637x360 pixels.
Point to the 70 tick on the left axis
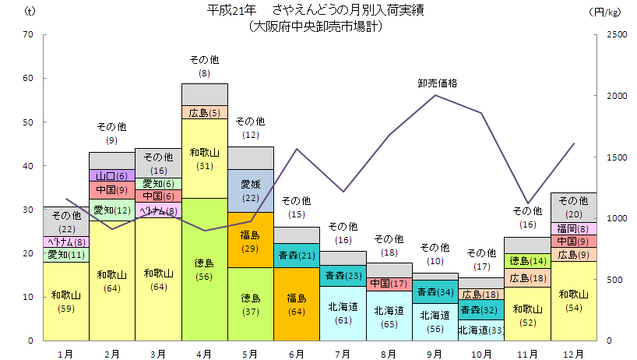[28, 34]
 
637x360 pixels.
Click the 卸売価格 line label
[437, 83]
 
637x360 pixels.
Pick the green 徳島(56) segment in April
[205, 269]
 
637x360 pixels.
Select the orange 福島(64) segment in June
[297, 303]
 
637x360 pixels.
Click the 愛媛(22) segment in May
[251, 190]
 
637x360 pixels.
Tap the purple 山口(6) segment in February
[112, 175]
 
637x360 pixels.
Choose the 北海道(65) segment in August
[389, 316]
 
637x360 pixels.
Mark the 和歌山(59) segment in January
[66, 301]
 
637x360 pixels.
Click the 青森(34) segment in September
[435, 291]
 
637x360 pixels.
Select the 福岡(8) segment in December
[573, 228]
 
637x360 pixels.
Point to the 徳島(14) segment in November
[527, 260]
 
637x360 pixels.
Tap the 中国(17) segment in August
[389, 284]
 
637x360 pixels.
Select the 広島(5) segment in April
[205, 112]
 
